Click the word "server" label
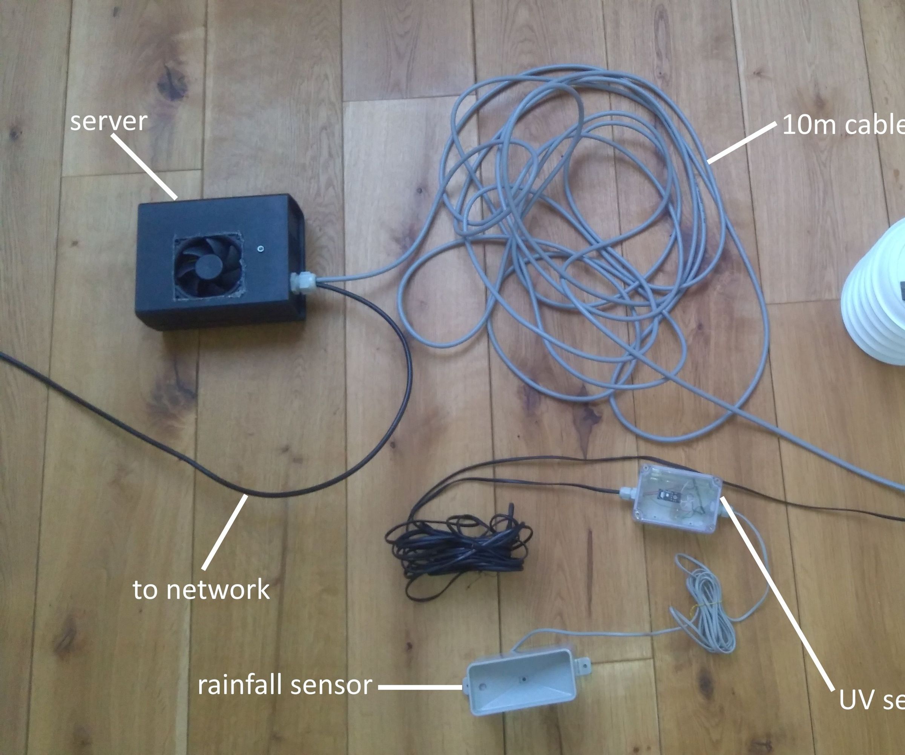(x=109, y=122)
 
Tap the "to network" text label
(x=201, y=590)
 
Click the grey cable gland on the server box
(x=304, y=281)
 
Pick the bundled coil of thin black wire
(x=457, y=548)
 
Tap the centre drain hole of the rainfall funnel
(x=525, y=679)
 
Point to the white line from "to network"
(x=225, y=533)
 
